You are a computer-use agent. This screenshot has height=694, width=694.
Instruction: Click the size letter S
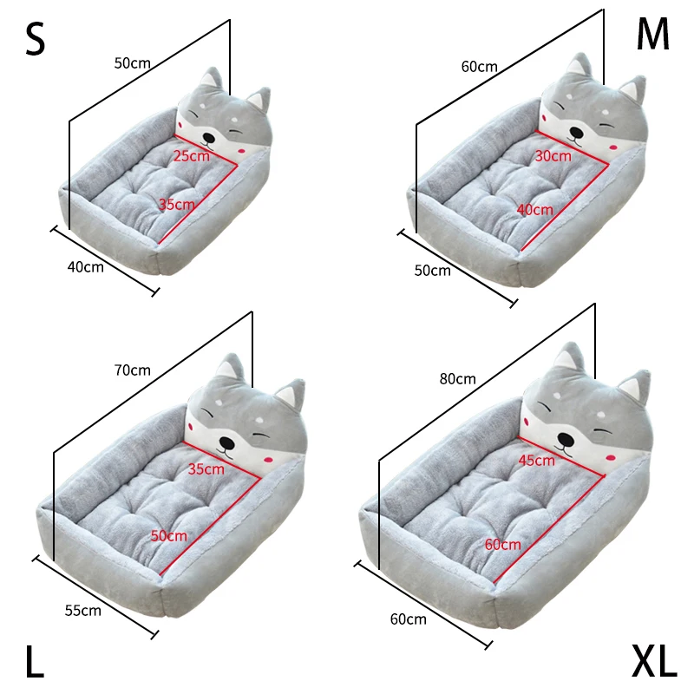35,40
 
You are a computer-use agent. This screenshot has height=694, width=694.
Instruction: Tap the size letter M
654,35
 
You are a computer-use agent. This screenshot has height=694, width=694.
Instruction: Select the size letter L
34,663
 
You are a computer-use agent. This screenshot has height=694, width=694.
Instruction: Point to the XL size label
653,663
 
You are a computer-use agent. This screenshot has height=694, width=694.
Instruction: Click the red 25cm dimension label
192,156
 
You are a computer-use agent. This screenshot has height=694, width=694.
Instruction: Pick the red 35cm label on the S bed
177,205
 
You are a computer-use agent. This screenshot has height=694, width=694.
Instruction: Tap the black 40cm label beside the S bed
85,266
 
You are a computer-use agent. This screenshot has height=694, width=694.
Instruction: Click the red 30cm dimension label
553,156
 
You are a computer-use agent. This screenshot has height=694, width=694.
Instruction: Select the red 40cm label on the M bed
534,209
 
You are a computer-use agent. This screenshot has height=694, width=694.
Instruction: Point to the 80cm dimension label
457,378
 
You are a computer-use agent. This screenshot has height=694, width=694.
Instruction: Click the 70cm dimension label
132,370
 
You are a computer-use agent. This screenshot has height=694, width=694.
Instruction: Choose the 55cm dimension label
83,610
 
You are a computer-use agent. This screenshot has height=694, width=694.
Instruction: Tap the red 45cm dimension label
536,460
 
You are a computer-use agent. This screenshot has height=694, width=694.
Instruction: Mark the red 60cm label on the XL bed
503,544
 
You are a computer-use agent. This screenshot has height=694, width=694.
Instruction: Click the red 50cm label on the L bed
169,536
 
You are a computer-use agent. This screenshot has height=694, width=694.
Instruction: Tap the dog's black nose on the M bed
575,134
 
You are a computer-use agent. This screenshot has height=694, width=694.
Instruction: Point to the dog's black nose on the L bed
227,440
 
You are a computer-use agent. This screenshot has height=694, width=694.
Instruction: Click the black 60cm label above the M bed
479,67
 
